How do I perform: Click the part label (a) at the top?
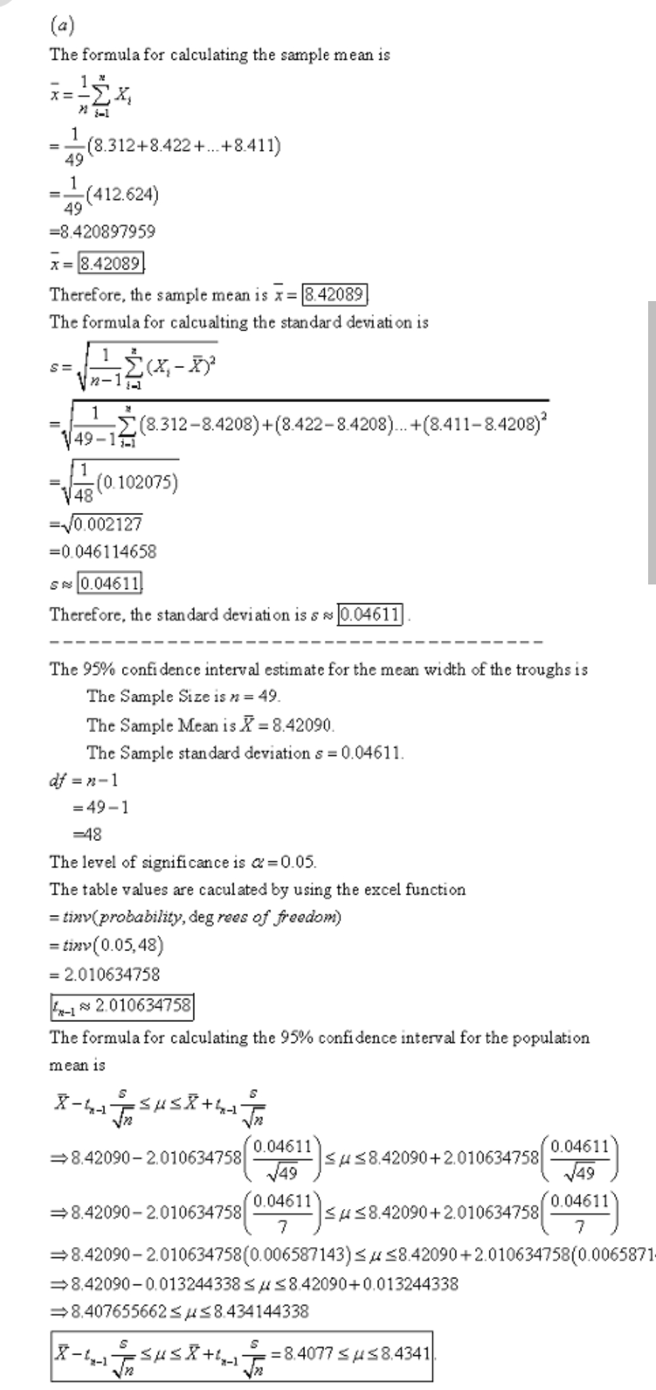(x=62, y=26)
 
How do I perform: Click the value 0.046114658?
(x=108, y=552)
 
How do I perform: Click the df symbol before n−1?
(x=58, y=781)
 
